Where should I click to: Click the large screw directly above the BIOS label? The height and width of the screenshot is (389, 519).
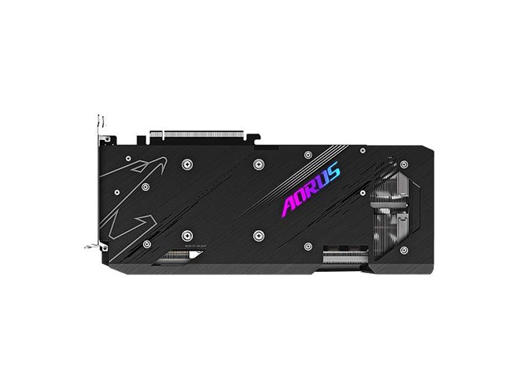click(186, 235)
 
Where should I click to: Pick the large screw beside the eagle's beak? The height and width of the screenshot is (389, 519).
click(186, 164)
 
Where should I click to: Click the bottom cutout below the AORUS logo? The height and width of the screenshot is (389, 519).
click(341, 258)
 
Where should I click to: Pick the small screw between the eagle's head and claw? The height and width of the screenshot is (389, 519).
click(117, 193)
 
